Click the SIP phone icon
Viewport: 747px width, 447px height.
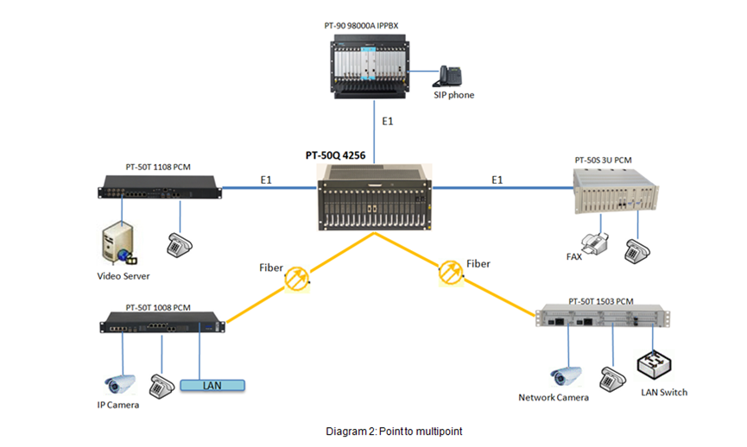pyautogui.click(x=447, y=76)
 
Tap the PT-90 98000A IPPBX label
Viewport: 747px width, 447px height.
pyautogui.click(x=361, y=26)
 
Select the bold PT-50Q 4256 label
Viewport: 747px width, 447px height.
pyautogui.click(x=335, y=155)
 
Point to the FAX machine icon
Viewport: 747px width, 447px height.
pyautogui.click(x=596, y=243)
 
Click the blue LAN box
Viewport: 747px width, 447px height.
pyautogui.click(x=212, y=385)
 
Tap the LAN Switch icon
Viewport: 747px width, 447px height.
pyautogui.click(x=654, y=365)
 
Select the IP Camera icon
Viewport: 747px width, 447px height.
pyautogui.click(x=119, y=384)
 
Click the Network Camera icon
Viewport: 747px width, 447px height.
pyautogui.click(x=566, y=376)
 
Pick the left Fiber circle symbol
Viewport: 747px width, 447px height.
pyautogui.click(x=297, y=279)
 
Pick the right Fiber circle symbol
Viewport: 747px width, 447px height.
pyautogui.click(x=450, y=273)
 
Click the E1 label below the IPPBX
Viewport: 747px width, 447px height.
pyautogui.click(x=387, y=122)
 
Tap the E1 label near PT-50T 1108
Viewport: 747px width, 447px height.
pyautogui.click(x=266, y=180)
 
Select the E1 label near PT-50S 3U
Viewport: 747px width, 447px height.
pyautogui.click(x=497, y=180)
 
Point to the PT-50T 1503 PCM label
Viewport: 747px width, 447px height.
pyautogui.click(x=601, y=301)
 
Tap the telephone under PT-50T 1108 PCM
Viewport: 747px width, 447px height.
pyautogui.click(x=179, y=245)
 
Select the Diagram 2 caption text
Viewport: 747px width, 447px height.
pyautogui.click(x=394, y=431)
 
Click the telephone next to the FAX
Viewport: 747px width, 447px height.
pyautogui.click(x=637, y=251)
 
